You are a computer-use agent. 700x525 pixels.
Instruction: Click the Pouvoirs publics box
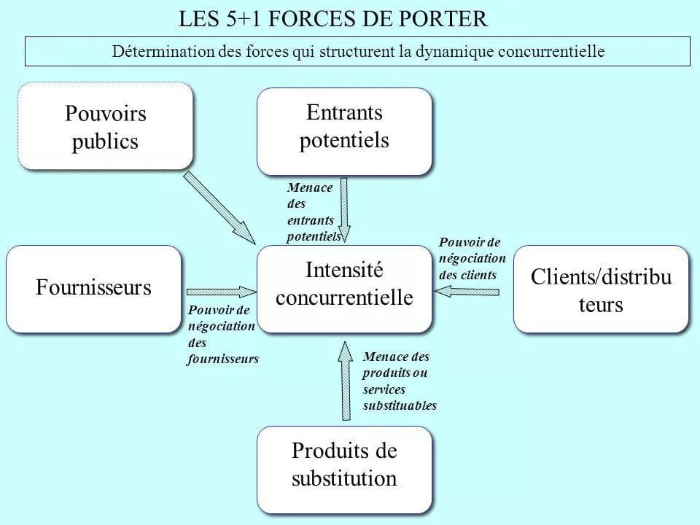pyautogui.click(x=106, y=126)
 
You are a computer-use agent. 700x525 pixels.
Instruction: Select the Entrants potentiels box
pyautogui.click(x=344, y=131)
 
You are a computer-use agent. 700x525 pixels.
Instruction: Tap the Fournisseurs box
pyautogui.click(x=93, y=289)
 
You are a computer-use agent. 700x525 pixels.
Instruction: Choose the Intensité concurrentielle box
pyautogui.click(x=344, y=289)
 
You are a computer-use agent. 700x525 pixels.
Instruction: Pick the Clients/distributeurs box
pyautogui.click(x=601, y=289)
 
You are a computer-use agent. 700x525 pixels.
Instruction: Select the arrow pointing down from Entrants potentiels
pyautogui.click(x=344, y=208)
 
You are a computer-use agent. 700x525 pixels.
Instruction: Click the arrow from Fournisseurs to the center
pyautogui.click(x=217, y=291)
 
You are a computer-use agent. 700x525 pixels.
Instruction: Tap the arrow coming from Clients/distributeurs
pyautogui.click(x=467, y=292)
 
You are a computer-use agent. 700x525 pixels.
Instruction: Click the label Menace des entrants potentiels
pyautogui.click(x=312, y=212)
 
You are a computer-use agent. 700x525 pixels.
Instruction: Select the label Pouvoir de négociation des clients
pyautogui.click(x=472, y=259)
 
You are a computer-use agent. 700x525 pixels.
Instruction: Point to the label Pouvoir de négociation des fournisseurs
pyautogui.click(x=222, y=333)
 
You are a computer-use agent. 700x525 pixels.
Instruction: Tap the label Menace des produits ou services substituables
pyautogui.click(x=399, y=381)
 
